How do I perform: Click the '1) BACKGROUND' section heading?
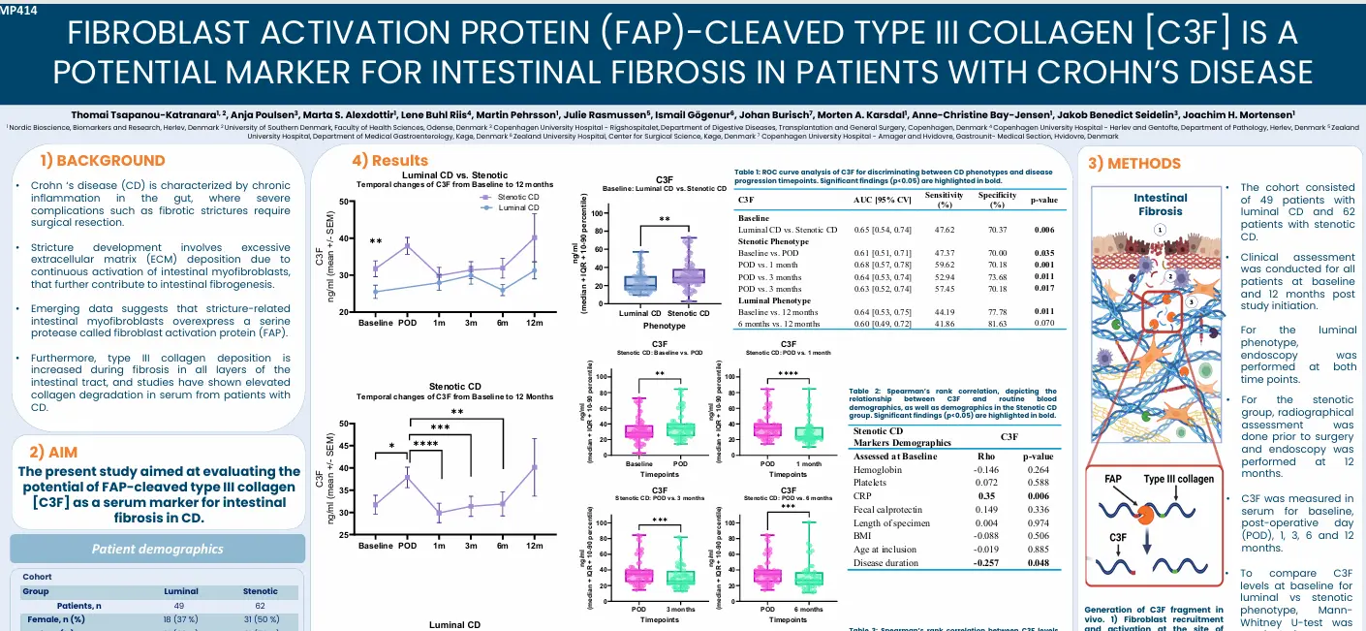point(103,160)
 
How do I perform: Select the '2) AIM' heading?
point(53,452)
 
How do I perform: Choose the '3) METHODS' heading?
point(1133,164)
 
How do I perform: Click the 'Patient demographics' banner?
point(157,549)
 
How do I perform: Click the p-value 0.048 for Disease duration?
point(1038,562)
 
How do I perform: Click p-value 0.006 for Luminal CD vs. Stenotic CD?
point(1043,230)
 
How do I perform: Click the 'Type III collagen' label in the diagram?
point(1178,479)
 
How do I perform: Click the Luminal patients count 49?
point(180,605)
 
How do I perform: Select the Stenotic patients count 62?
point(260,605)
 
